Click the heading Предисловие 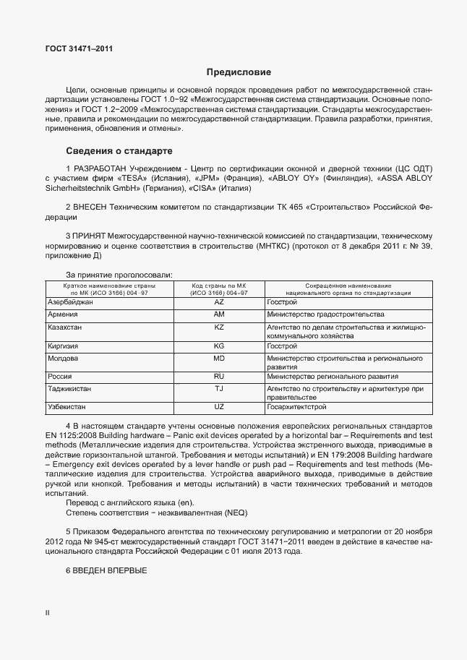pyautogui.click(x=239, y=72)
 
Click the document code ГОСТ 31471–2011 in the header pyautogui.click(x=79, y=49)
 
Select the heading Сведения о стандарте pyautogui.click(x=119, y=151)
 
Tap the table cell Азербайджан pyautogui.click(x=70, y=301)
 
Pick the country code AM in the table pyautogui.click(x=220, y=314)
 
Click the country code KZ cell pyautogui.click(x=220, y=327)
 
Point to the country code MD pyautogui.click(x=220, y=358)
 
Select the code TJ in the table pyautogui.click(x=220, y=388)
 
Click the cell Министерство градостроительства pyautogui.click(x=325, y=314)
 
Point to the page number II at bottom pyautogui.click(x=48, y=613)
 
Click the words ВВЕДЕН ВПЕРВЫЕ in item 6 pyautogui.click(x=110, y=571)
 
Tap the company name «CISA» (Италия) pyautogui.click(x=219, y=189)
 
